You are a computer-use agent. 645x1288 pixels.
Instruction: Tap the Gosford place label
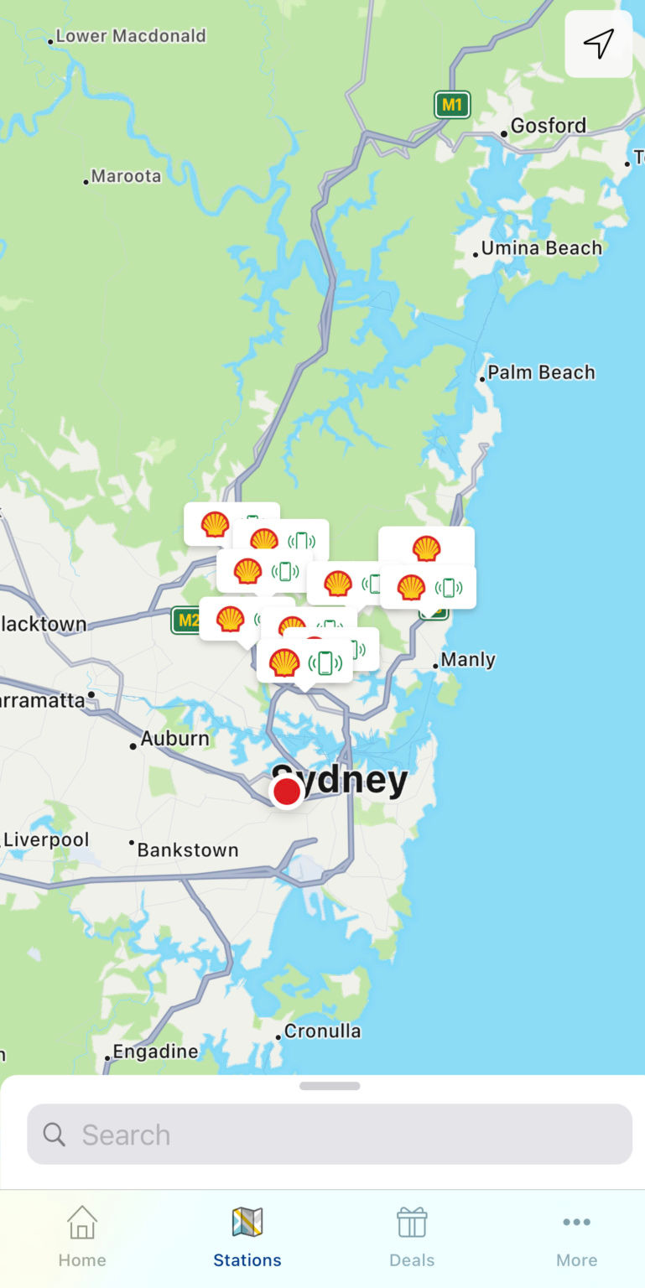(x=548, y=126)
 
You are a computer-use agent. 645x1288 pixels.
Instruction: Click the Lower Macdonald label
(x=130, y=36)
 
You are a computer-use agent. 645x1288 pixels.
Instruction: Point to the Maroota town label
(x=126, y=176)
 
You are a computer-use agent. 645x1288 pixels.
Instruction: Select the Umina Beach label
(x=541, y=248)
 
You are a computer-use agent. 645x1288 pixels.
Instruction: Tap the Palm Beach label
(x=541, y=372)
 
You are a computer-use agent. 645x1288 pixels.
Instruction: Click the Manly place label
(x=467, y=660)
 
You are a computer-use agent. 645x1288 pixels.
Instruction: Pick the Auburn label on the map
(x=174, y=739)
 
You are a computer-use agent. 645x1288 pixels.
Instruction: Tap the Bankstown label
(x=187, y=850)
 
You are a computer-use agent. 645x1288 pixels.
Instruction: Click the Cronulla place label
(x=322, y=1031)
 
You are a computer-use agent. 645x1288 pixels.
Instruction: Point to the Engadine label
(x=155, y=1052)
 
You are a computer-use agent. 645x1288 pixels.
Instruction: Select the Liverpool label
(x=46, y=839)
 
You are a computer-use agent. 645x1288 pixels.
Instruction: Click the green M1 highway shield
(x=452, y=105)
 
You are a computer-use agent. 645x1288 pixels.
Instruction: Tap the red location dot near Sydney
(x=287, y=792)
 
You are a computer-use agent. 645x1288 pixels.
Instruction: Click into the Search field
(x=330, y=1135)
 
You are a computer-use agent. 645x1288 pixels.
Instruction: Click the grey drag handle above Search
(x=330, y=1086)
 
